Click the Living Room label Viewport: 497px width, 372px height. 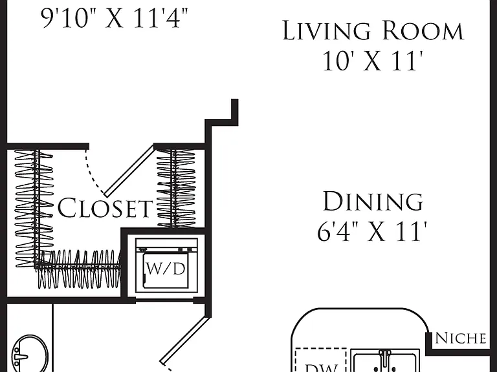373,31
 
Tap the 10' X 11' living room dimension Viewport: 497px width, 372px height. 373,61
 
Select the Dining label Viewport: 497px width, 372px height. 373,201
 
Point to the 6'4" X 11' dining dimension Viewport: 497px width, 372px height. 372,231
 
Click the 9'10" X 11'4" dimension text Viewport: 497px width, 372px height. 115,18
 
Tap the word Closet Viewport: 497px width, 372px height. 105,207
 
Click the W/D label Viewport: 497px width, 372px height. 166,269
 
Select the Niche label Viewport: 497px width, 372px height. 461,338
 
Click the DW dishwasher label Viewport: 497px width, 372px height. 321,368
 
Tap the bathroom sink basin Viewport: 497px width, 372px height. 30,355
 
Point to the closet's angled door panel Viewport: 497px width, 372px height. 129,170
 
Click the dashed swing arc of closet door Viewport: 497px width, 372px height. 94,172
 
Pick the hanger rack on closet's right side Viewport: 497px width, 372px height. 176,188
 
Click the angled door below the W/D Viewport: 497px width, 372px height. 185,341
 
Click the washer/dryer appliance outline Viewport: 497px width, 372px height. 166,265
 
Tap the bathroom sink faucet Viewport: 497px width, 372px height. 21,357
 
